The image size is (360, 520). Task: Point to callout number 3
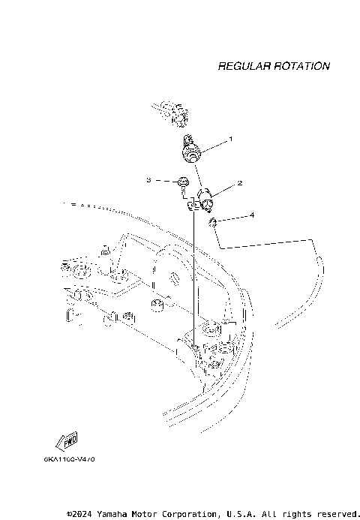pyautogui.click(x=148, y=180)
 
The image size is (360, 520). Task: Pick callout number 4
pyautogui.click(x=252, y=215)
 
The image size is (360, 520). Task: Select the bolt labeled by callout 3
pyautogui.click(x=181, y=182)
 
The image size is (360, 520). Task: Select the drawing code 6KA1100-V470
pyautogui.click(x=68, y=458)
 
